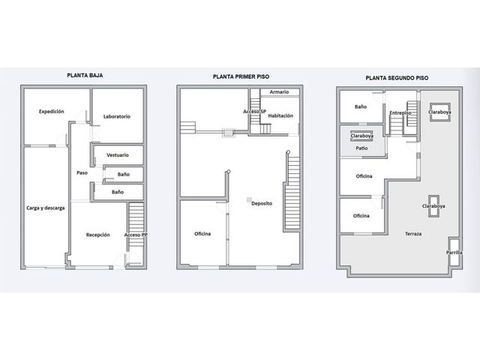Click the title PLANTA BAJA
pyautogui.click(x=85, y=75)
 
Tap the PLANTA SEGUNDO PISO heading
pyautogui.click(x=397, y=78)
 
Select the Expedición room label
pyautogui.click(x=52, y=112)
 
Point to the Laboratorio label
pyautogui.click(x=117, y=116)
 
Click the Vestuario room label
pyautogui.click(x=118, y=155)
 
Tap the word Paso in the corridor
pyautogui.click(x=82, y=172)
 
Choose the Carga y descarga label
pyautogui.click(x=45, y=208)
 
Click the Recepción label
pyautogui.click(x=97, y=235)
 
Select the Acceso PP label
pyautogui.click(x=136, y=235)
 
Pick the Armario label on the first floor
pyautogui.click(x=279, y=91)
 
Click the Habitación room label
pyautogui.click(x=280, y=115)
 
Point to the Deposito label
pyautogui.click(x=262, y=203)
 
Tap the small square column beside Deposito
pyautogui.click(x=249, y=200)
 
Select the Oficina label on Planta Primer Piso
pyautogui.click(x=202, y=233)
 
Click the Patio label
pyautogui.click(x=361, y=148)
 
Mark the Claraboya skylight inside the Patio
pyautogui.click(x=361, y=136)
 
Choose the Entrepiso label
pyautogui.click(x=400, y=113)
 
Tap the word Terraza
pyautogui.click(x=413, y=233)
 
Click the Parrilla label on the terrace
pyautogui.click(x=454, y=252)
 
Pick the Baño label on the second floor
pyautogui.click(x=361, y=106)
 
